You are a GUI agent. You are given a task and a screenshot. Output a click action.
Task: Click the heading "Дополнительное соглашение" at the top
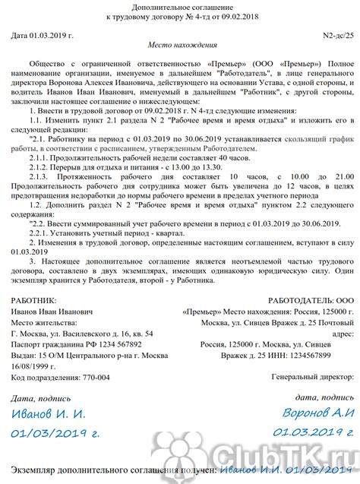(x=180, y=5)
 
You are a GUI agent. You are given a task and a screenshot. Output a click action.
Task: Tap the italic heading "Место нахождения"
(x=180, y=46)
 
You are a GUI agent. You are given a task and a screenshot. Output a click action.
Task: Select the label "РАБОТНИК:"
(x=34, y=301)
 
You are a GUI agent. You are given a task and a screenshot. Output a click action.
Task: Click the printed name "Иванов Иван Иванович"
(x=53, y=312)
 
